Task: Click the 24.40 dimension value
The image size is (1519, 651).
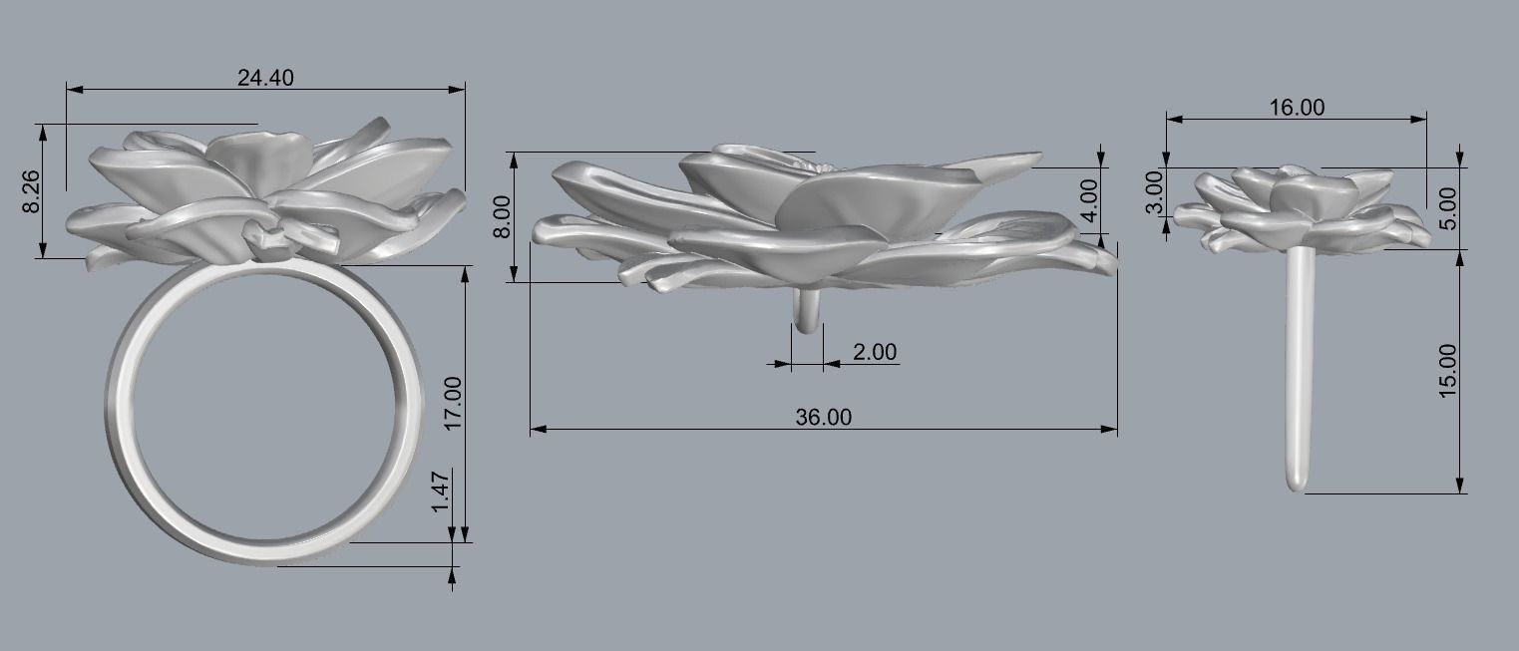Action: tap(265, 77)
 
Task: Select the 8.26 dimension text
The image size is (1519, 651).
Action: tap(31, 190)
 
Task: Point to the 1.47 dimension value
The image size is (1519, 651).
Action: tap(440, 492)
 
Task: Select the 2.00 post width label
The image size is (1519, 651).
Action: tap(875, 352)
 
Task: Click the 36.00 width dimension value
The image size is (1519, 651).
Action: tap(824, 418)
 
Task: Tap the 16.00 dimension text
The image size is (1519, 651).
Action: tap(1297, 108)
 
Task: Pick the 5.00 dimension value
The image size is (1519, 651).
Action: tap(1448, 208)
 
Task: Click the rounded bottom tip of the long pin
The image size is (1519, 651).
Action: tap(1297, 486)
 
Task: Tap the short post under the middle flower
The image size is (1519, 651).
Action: tap(808, 311)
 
